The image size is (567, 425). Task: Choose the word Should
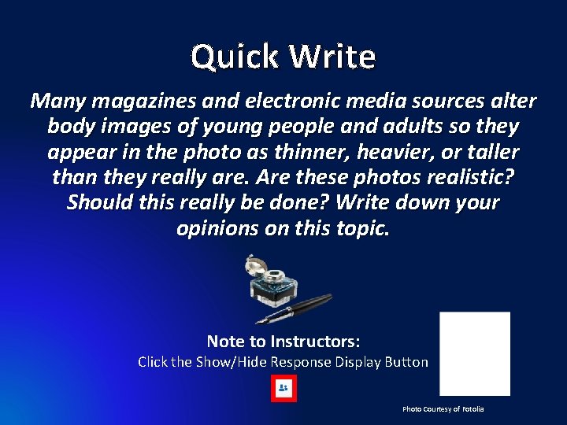(x=98, y=202)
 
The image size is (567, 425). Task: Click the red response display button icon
(x=283, y=389)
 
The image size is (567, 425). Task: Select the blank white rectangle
(x=474, y=353)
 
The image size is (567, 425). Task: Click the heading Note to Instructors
(x=283, y=342)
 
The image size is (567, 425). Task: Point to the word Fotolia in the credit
(x=473, y=409)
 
